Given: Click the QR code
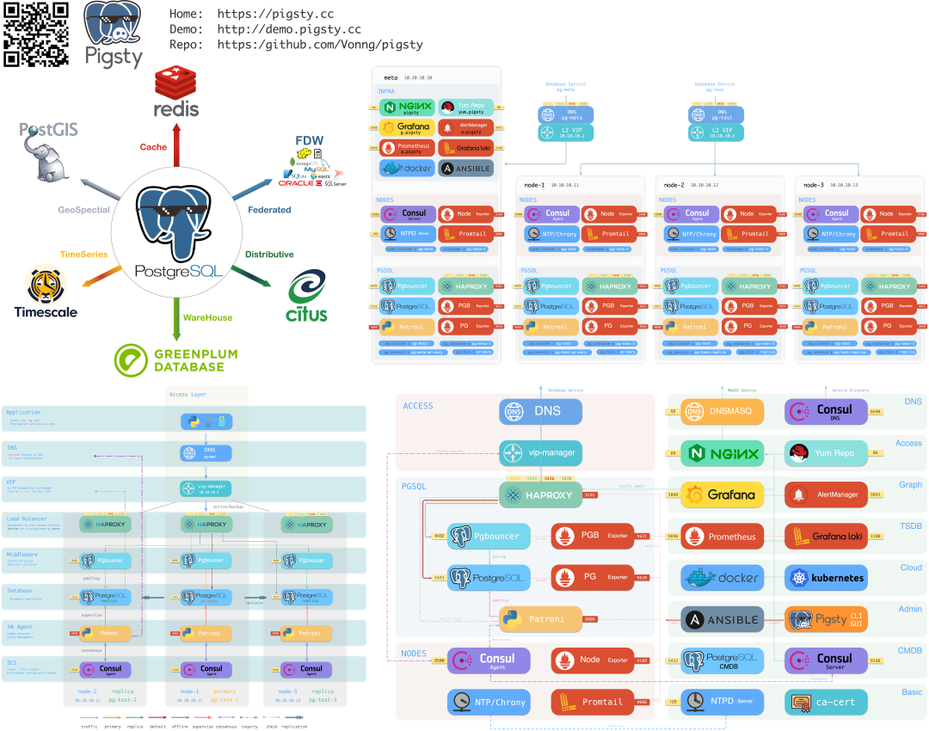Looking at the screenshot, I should tap(36, 34).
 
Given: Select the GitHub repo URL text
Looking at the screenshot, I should tap(320, 45).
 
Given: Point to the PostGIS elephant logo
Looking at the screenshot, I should tap(49, 151).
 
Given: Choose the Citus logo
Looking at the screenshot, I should tap(307, 297).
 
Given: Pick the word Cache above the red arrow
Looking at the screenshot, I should tap(153, 147).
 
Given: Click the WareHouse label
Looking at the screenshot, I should tap(207, 317).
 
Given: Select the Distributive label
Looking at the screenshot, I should tap(269, 255).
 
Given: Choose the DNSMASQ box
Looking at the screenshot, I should tap(722, 412).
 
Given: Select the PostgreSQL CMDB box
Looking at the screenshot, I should tap(722, 660).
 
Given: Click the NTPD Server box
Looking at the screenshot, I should tap(722, 702).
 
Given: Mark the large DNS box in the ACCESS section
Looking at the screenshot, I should tap(540, 412).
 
